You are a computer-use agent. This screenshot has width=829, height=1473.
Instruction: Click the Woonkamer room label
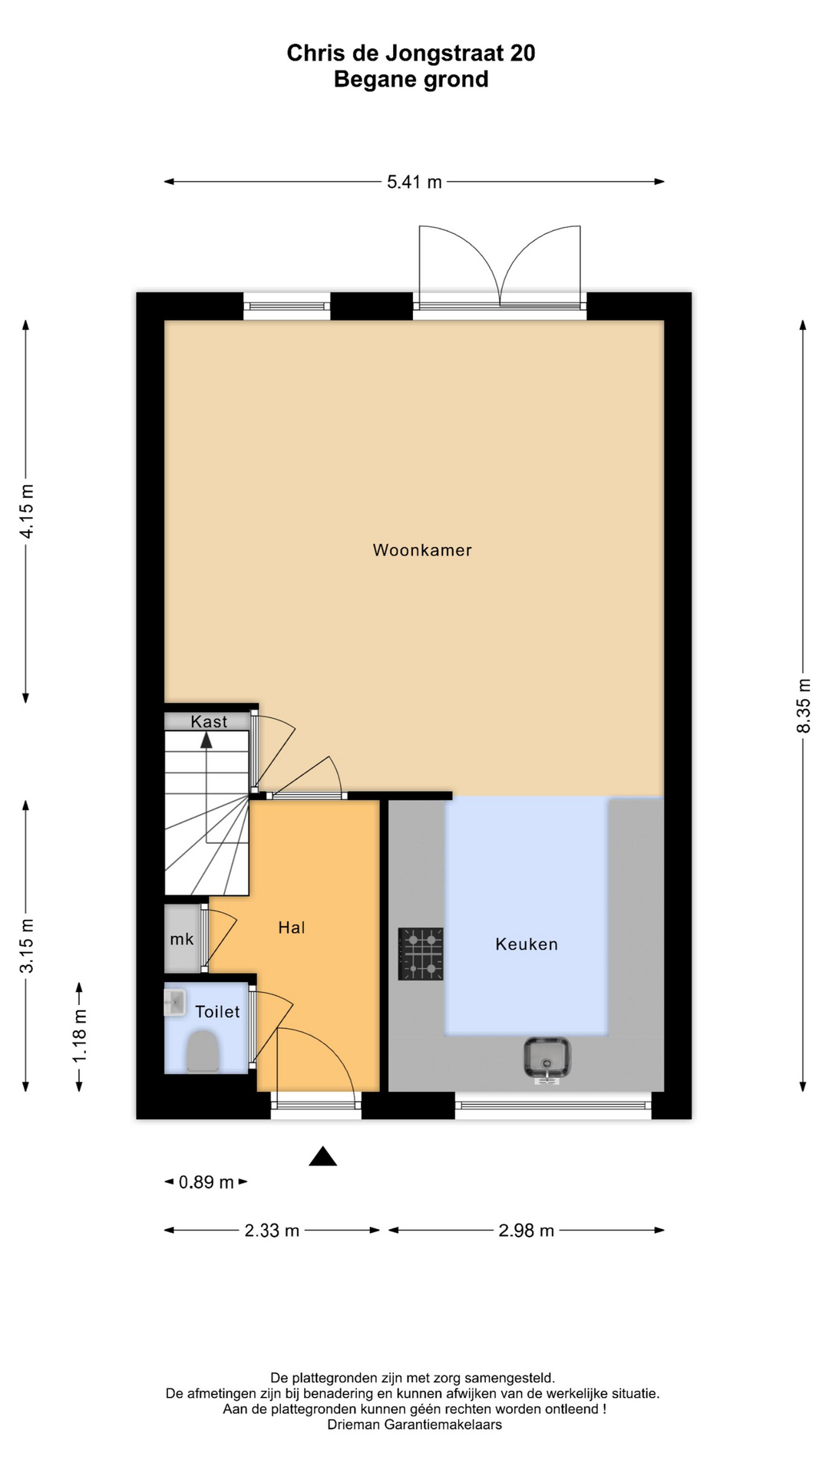[x=421, y=550]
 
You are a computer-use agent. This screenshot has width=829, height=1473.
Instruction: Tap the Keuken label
[x=527, y=944]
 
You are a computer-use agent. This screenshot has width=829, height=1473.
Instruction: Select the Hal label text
[x=292, y=928]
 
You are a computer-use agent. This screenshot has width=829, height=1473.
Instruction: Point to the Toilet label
[x=217, y=1012]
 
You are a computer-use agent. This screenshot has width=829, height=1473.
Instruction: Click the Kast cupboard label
[x=209, y=722]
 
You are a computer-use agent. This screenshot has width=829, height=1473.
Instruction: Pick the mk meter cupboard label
[x=182, y=939]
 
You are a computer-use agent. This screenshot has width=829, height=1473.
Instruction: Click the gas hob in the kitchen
[x=421, y=954]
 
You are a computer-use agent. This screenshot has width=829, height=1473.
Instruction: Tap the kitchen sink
[x=547, y=1059]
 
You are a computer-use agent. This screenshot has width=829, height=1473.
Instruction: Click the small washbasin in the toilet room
[x=175, y=1003]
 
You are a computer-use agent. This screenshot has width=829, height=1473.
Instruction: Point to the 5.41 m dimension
[x=414, y=182]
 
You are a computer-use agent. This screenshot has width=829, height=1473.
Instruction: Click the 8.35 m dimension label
[x=803, y=706]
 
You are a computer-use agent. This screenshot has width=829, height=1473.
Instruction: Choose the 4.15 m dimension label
[x=26, y=511]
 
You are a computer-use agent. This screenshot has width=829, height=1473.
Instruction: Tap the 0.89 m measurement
[x=206, y=1182]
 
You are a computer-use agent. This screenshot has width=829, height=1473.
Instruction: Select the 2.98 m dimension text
[x=527, y=1231]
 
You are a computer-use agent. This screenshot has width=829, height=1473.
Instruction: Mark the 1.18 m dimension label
[x=79, y=1036]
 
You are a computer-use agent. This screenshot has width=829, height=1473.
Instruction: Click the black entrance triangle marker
[x=323, y=1156]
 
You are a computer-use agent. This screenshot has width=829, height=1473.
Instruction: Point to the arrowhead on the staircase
[x=206, y=740]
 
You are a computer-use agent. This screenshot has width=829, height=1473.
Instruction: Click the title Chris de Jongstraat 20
[x=411, y=53]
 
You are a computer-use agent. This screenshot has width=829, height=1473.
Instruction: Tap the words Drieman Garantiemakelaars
[x=414, y=1425]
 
